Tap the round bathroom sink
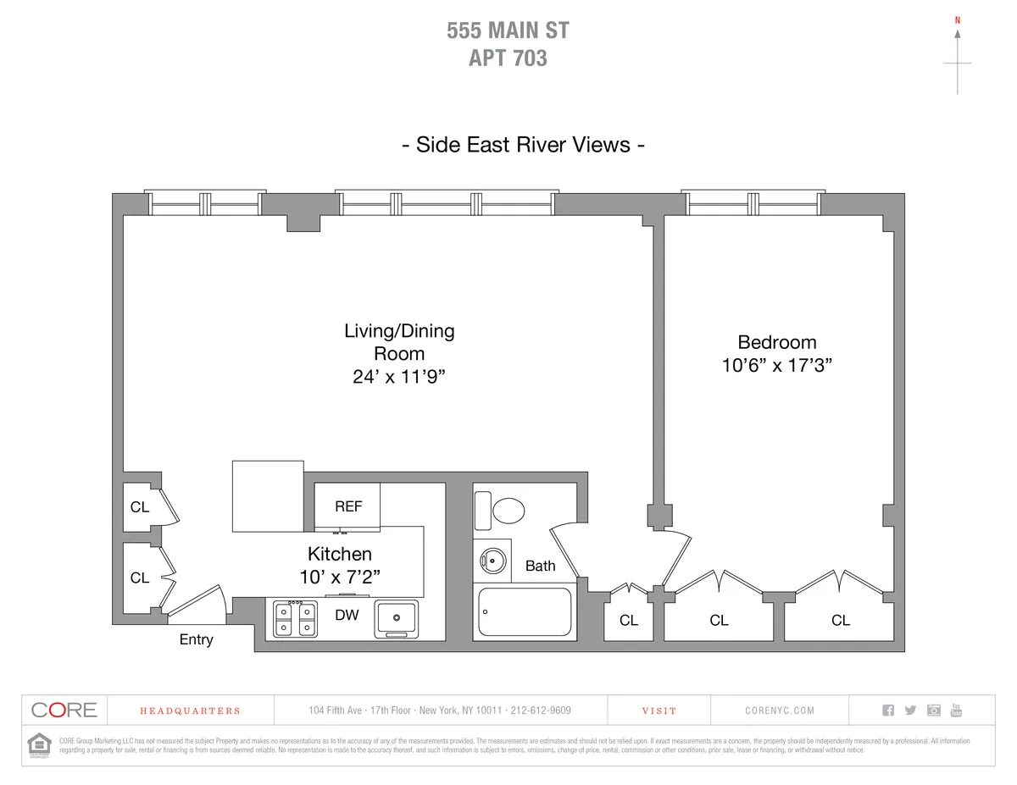492,560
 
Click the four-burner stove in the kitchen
295,618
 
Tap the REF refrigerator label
348,506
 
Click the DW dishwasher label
347,616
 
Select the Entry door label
196,640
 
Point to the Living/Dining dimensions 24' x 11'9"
399,378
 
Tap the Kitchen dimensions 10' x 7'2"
339,576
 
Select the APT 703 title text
508,58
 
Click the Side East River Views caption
523,145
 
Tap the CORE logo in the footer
64,710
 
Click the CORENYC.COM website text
780,711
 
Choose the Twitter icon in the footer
910,710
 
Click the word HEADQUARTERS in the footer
190,711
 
